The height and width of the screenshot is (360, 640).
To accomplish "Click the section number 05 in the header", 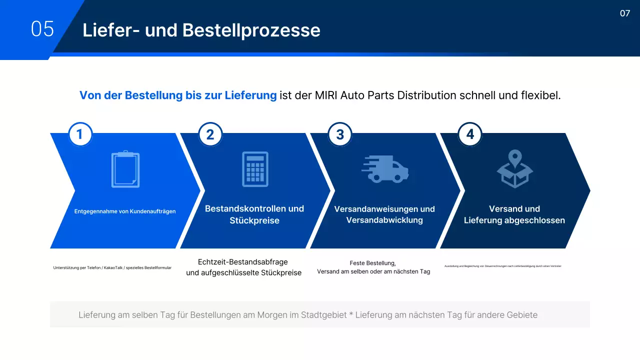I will coord(42,29).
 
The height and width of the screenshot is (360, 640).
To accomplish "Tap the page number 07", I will coord(625,13).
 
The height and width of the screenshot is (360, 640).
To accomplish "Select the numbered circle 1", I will coord(80,134).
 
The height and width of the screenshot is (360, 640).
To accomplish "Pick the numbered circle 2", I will coord(210,134).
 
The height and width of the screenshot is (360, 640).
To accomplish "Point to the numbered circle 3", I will coord(340,134).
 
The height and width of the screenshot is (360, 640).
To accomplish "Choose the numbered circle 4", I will coord(470,134).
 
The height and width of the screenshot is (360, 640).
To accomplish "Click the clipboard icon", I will coord(125,169).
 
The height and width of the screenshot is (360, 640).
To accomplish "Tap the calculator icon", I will coord(255,169).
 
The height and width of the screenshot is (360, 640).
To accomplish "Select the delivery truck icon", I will coord(385,169).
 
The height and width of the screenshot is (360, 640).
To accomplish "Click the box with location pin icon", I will coord(515,169).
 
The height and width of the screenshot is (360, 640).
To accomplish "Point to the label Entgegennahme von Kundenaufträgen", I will coord(125,211).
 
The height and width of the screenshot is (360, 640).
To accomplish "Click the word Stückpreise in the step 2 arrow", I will coord(254,220).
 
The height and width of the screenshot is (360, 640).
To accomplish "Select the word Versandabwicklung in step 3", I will coord(384,220).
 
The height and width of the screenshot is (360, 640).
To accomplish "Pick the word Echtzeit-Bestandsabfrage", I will coord(243,262).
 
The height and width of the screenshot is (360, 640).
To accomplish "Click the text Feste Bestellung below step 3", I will coord(372,263).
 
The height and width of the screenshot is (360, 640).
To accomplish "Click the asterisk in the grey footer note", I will coord(351,315).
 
